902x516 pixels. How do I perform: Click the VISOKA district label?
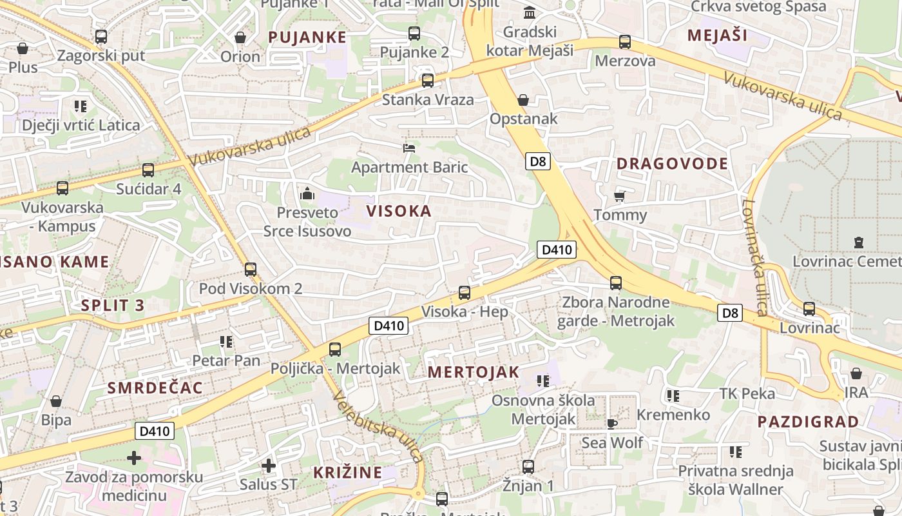398,211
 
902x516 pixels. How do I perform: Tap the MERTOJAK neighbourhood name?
473,372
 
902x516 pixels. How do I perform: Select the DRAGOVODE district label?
672,164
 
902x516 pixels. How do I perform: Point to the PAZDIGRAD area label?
807,422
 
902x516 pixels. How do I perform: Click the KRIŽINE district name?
348,472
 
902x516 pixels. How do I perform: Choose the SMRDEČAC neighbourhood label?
155,388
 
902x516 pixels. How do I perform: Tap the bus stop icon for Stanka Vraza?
428,81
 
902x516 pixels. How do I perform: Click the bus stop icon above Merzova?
624,42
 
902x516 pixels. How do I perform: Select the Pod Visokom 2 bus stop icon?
251,270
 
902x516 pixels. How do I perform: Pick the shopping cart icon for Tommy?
620,196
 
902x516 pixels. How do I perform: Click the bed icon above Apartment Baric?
408,148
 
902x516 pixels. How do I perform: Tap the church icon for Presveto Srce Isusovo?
307,193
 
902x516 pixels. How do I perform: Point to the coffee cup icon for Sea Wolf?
611,423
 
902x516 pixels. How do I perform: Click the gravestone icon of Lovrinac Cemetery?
858,243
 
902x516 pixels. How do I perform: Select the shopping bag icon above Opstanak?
523,100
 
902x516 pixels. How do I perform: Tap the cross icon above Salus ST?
269,465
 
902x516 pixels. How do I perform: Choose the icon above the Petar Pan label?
225,341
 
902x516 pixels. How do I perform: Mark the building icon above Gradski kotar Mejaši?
530,13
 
